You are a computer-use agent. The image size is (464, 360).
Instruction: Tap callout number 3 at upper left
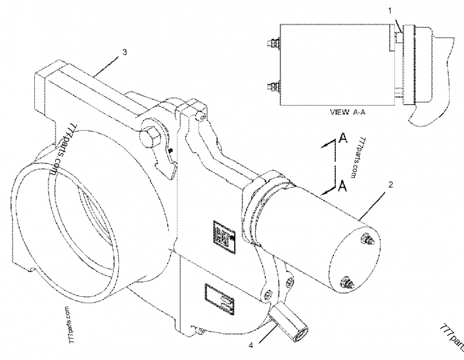coord(124,52)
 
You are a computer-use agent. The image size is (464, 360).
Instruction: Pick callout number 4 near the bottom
coord(251,347)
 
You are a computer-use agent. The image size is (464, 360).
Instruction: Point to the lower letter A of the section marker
coord(343,186)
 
